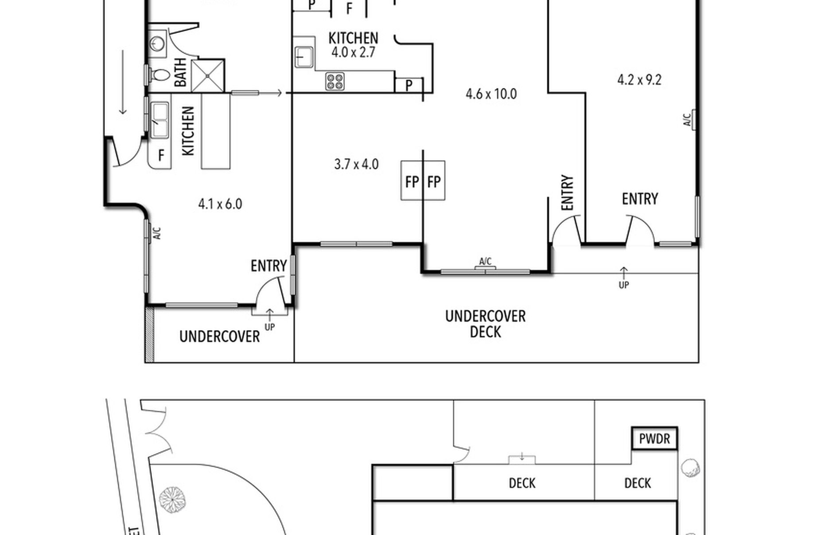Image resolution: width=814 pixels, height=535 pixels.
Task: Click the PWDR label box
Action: pyautogui.click(x=654, y=439)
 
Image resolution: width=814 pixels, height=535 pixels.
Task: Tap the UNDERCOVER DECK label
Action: pyautogui.click(x=485, y=324)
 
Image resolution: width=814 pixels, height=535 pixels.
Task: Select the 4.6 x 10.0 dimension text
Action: pyautogui.click(x=491, y=94)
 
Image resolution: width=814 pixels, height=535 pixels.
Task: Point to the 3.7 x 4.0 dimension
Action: pyautogui.click(x=356, y=165)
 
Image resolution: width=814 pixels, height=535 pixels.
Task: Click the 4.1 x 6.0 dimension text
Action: pyautogui.click(x=220, y=204)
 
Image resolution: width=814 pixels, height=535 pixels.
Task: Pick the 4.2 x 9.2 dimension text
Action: pyautogui.click(x=639, y=80)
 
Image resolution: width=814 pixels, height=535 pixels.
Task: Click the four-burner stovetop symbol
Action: pyautogui.click(x=335, y=81)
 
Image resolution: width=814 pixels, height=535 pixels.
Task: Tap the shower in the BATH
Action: pyautogui.click(x=208, y=76)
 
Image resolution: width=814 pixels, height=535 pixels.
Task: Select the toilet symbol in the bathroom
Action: pyautogui.click(x=160, y=75)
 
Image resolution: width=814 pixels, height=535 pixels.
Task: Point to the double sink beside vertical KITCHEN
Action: pyautogui.click(x=160, y=120)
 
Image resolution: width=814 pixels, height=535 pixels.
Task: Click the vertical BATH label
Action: pyautogui.click(x=180, y=73)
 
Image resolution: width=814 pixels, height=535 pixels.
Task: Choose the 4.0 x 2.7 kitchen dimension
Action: pyautogui.click(x=353, y=52)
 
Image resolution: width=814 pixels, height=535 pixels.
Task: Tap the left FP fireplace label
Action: pyautogui.click(x=412, y=181)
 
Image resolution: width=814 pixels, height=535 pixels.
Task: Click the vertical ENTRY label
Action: pyautogui.click(x=567, y=193)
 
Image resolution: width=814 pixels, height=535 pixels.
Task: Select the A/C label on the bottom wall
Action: pyautogui.click(x=485, y=261)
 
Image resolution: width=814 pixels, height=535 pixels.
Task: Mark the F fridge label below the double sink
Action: pyautogui.click(x=161, y=155)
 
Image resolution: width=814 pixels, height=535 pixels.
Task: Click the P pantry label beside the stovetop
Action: pyautogui.click(x=409, y=85)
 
